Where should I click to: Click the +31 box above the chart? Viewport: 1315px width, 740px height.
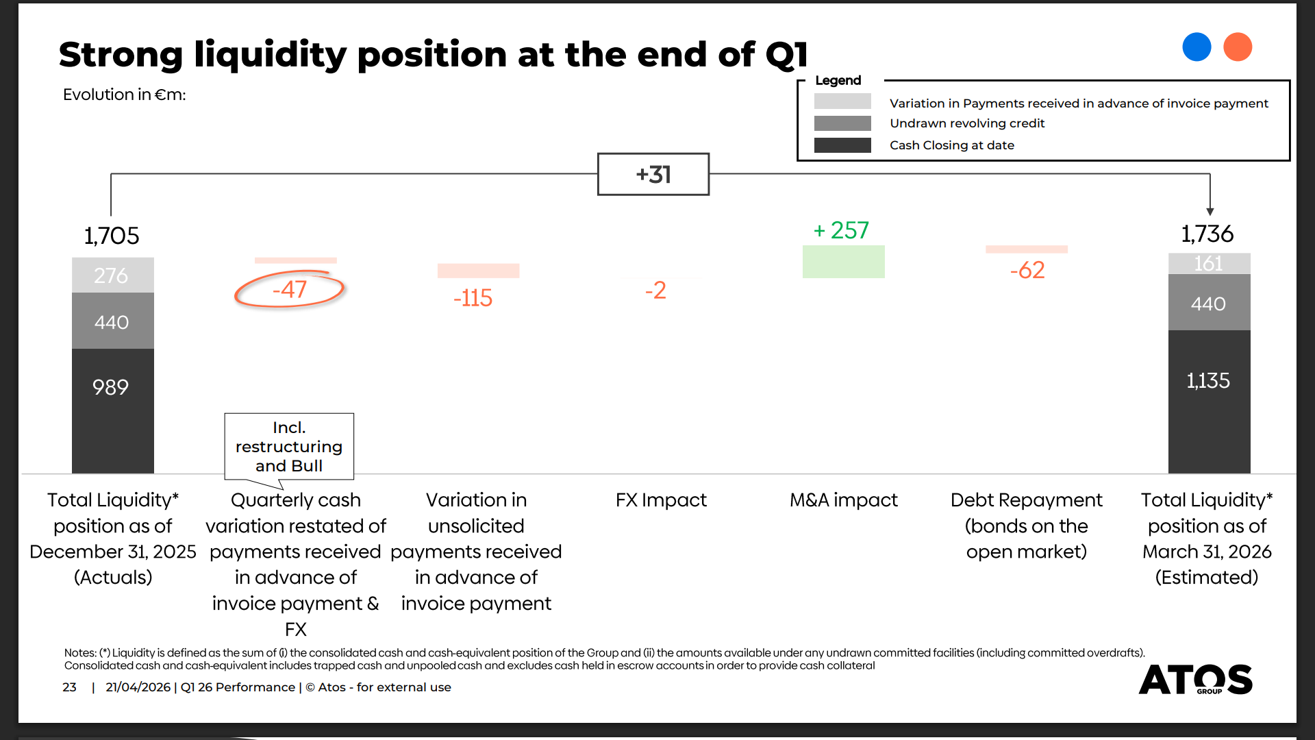point(653,174)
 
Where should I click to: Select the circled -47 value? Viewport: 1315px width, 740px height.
point(290,289)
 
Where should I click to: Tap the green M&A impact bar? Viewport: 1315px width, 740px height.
point(843,262)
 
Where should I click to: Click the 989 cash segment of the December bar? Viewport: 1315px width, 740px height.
point(113,410)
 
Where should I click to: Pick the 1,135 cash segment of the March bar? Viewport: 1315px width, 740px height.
point(1209,402)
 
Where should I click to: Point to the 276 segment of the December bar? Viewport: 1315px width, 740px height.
point(113,275)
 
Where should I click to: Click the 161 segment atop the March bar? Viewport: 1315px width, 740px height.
point(1209,264)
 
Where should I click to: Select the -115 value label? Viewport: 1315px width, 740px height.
point(473,298)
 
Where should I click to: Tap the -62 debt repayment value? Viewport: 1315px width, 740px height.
point(1027,270)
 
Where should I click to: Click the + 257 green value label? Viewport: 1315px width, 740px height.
point(841,230)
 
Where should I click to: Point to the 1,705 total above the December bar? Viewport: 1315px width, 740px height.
point(112,236)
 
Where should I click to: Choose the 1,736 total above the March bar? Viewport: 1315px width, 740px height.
point(1207,234)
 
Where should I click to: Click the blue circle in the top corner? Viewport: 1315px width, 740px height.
point(1197,47)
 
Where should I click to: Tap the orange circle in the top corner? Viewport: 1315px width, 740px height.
point(1238,47)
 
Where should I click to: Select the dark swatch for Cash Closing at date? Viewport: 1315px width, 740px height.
point(842,145)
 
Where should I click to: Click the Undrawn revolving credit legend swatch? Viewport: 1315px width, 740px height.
point(842,123)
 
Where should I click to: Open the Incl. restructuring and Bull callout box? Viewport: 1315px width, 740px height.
point(289,446)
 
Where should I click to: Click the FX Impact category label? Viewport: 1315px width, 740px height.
point(661,500)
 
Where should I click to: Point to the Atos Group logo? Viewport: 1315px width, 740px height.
point(1196,679)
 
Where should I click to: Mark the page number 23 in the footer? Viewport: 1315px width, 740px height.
point(69,687)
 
